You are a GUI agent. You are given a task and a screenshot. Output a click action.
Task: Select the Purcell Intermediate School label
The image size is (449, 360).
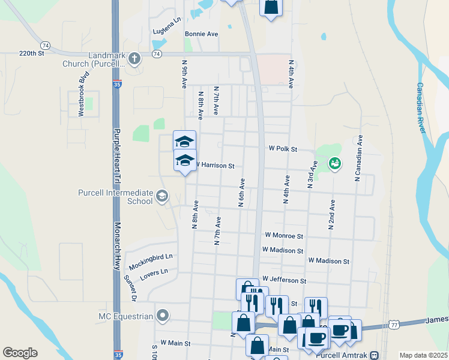115,197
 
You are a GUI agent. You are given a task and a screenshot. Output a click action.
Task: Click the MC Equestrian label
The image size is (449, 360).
126,316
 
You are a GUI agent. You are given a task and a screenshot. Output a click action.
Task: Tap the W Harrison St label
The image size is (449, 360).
214,165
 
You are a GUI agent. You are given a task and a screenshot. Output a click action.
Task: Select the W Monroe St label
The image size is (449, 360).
284,236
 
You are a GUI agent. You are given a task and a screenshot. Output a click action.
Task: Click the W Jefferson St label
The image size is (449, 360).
284,280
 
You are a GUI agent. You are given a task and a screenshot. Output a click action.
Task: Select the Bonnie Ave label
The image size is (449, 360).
201,34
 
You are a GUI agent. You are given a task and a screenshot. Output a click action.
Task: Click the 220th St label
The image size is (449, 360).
32,53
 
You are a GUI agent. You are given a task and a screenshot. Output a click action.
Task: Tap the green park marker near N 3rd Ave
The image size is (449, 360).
335,163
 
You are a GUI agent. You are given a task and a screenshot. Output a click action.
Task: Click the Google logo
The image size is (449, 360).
20,353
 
